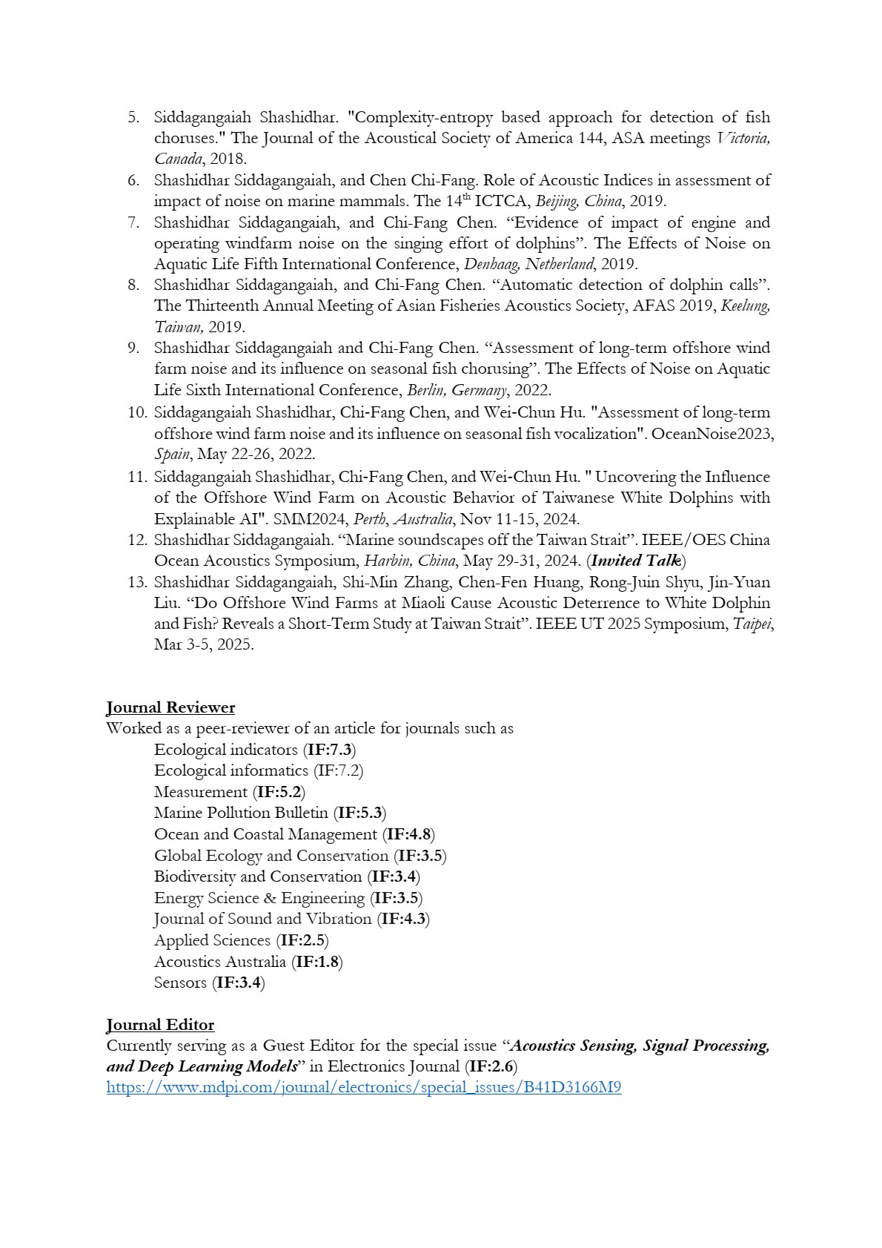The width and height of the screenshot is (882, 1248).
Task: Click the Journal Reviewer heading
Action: coord(170,707)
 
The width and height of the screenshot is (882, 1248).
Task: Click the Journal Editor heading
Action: coord(160,1025)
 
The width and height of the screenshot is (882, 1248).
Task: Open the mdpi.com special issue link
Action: coord(363,1088)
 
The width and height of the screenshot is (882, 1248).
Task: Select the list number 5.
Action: coord(133,117)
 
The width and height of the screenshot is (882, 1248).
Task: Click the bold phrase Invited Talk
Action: coord(636,561)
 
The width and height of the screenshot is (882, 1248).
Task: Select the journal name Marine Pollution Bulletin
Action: coord(241,813)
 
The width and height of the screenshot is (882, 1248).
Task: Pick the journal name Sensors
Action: coord(180,983)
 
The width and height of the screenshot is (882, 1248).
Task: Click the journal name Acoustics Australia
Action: coord(219,962)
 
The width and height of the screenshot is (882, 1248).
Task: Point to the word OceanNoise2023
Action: coord(712,434)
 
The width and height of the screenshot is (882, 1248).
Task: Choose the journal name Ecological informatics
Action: coord(231,770)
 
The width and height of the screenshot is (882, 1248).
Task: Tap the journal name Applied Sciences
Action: coord(212,940)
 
